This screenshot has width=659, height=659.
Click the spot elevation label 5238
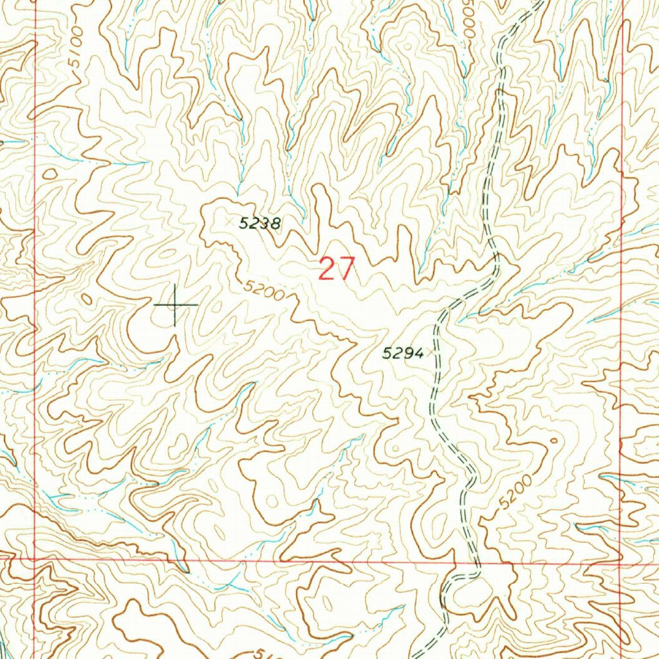(x=261, y=223)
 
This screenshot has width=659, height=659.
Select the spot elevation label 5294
(x=403, y=352)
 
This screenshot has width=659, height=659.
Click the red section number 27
(x=337, y=269)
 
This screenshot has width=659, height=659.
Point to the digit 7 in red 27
(x=346, y=269)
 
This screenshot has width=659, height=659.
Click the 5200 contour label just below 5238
(x=264, y=291)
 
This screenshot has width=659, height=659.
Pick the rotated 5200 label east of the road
(x=515, y=493)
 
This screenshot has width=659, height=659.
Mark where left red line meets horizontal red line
(x=34, y=559)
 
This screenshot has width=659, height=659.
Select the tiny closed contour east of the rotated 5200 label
(x=555, y=441)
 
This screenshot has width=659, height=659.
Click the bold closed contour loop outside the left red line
(x=50, y=174)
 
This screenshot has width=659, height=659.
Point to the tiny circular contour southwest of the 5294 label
(x=394, y=447)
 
